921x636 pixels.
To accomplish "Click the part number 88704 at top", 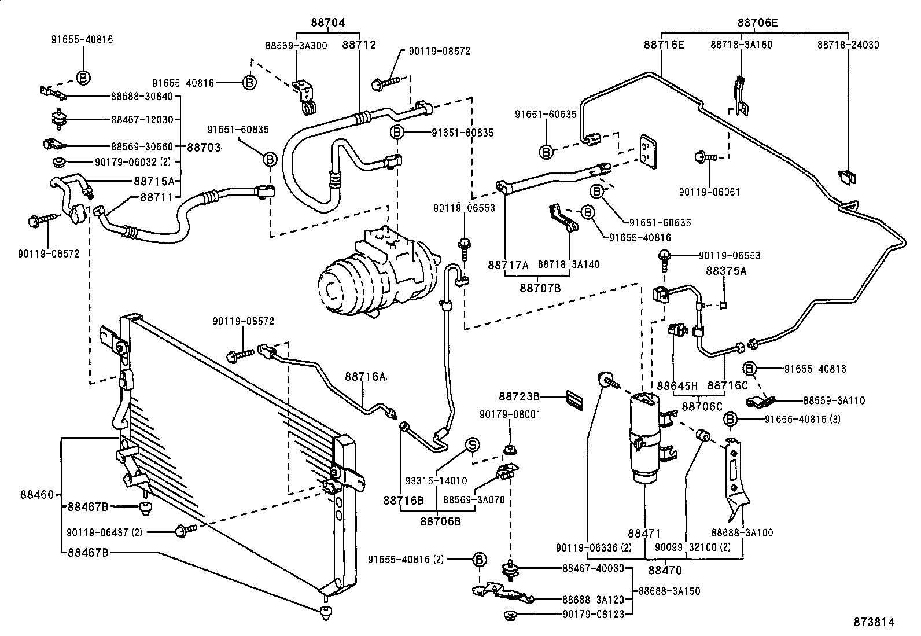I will click(328, 23).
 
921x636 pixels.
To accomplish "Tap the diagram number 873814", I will click(875, 622).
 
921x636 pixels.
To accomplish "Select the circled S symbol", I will click(473, 444).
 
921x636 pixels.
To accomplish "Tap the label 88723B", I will click(519, 396).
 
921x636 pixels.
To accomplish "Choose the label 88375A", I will click(726, 270).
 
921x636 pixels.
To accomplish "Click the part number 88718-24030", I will click(848, 44).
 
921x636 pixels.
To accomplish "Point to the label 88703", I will click(202, 148).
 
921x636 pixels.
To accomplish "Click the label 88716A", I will click(366, 376).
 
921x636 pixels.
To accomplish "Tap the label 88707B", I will click(540, 287).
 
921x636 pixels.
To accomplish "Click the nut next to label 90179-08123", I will click(511, 615).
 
